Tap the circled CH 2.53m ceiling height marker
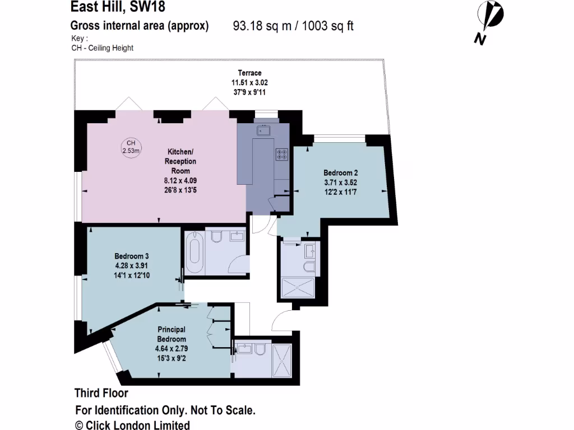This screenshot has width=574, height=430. pos(131,147)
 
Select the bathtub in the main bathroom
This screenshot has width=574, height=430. pos(195,251)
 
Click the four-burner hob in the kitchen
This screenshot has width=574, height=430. pos(281,154)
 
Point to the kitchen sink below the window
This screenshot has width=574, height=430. pos(263,130)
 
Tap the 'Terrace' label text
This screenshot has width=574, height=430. pos(249,73)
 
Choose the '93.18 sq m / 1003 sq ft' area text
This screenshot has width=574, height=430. pos(293,26)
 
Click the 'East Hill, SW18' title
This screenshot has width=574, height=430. pos(118,7)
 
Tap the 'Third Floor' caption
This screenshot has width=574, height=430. pos(101,393)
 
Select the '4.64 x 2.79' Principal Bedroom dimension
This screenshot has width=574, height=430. pos(171,349)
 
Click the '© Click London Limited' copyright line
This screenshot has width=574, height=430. pos(132,425)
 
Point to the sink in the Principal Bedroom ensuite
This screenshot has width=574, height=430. pos(244,349)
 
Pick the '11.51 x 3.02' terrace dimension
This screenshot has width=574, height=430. pos(249,82)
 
